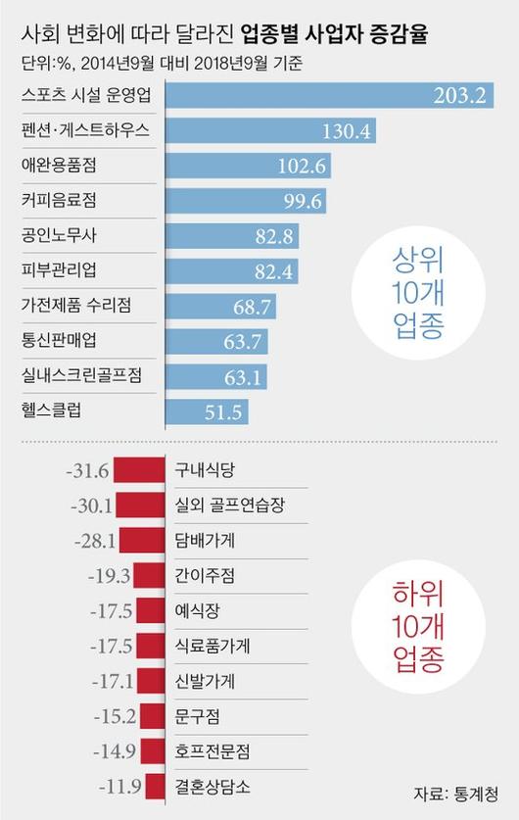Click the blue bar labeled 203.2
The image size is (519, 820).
coord(330,95)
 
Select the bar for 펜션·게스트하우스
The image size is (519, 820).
coord(270,130)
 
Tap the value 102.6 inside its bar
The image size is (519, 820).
coord(302,166)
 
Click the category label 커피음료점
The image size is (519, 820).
coord(59,200)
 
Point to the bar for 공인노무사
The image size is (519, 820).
coord(232,236)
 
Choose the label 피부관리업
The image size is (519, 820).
coord(59,270)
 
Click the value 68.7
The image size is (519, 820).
coord(252,307)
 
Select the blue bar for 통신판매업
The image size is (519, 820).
coord(217,342)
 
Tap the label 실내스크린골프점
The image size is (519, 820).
coord(81,375)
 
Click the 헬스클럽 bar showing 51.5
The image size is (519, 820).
coord(207,412)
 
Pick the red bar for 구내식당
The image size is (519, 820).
coord(139,470)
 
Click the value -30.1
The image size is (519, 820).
coord(91,506)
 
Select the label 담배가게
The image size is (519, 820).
coord(205,540)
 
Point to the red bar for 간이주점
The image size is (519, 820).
coord(150,576)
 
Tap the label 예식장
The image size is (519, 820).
coord(197,610)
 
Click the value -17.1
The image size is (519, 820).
coord(113,682)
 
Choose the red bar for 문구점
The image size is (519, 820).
coord(153,716)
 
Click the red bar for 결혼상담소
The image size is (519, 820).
coord(156,787)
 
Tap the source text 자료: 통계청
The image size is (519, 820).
coord(455,794)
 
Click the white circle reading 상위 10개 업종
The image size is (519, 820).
coord(418,292)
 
